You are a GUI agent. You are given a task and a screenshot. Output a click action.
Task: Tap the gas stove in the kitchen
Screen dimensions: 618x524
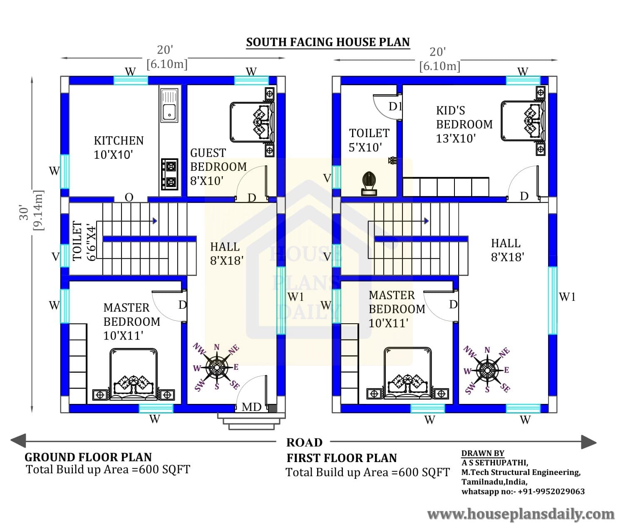(x=169, y=174)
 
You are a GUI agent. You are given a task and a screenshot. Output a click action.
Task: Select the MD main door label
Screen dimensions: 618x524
(x=251, y=407)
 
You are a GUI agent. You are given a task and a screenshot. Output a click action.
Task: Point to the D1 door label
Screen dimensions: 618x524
(x=395, y=106)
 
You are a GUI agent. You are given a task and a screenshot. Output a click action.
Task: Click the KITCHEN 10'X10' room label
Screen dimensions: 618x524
(x=119, y=148)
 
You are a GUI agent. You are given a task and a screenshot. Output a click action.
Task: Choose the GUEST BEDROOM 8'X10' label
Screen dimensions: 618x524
(x=218, y=167)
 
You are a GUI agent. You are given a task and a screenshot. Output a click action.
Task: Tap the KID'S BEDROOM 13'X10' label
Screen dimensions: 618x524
(x=464, y=125)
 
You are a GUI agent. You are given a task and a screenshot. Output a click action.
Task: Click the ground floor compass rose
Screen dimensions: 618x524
(x=216, y=367)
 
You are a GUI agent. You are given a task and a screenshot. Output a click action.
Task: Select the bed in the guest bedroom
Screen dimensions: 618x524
(x=252, y=122)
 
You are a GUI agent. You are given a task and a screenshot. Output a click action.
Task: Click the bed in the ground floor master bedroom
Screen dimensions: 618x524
(x=133, y=374)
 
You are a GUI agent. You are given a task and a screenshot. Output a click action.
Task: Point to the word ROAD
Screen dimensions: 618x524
(x=304, y=443)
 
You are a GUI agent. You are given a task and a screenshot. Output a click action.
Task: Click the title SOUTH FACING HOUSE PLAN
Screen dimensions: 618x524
(x=328, y=42)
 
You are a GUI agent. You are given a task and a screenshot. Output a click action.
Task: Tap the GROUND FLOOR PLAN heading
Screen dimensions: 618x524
(x=88, y=457)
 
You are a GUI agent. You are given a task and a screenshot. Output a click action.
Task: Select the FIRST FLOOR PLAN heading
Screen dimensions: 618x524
(x=342, y=458)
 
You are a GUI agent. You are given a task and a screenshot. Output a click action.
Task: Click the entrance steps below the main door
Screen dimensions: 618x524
(x=251, y=421)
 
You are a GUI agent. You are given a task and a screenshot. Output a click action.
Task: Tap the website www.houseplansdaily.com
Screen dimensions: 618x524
(x=521, y=514)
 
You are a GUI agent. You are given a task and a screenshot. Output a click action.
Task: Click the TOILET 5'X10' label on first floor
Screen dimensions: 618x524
(x=369, y=140)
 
